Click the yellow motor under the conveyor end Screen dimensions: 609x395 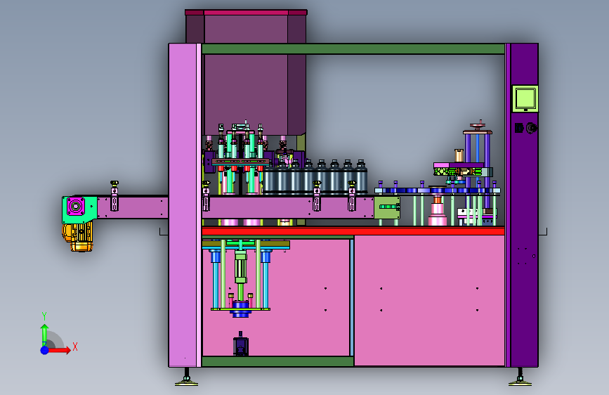click(x=78, y=236)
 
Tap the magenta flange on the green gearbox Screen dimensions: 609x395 click(x=76, y=206)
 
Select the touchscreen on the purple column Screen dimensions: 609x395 click(x=525, y=98)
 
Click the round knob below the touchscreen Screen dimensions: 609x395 click(x=531, y=127)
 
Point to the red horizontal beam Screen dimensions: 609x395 click(x=353, y=231)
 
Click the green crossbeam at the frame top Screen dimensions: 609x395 click(x=353, y=49)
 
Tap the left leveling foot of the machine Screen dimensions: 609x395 click(x=186, y=379)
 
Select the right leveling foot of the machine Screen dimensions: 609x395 click(x=520, y=379)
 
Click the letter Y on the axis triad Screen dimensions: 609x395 click(x=44, y=316)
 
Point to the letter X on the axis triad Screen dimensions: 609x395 click(x=75, y=347)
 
